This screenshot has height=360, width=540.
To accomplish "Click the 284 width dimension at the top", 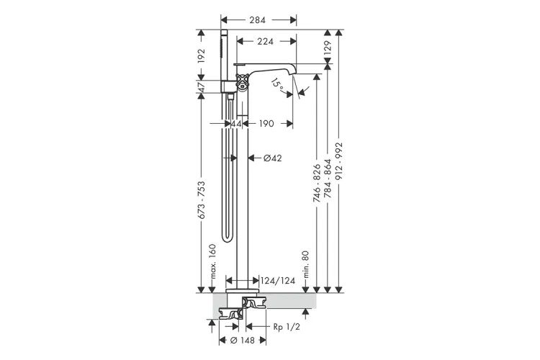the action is (258, 20).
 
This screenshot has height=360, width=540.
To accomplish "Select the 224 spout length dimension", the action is (265, 41).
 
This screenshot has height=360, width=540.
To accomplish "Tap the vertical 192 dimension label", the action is (201, 56).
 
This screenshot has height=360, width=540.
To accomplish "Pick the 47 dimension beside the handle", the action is (201, 86).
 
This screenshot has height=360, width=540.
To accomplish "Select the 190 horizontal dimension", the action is (266, 123).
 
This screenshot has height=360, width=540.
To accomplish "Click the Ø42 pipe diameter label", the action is (272, 158).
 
